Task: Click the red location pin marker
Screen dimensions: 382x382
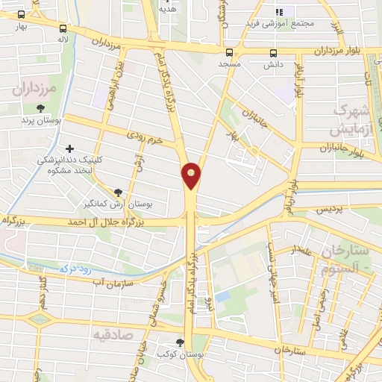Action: pos(191,175)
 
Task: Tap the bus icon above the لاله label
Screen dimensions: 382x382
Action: pos(63,27)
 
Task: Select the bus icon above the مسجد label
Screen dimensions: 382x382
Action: pos(229,52)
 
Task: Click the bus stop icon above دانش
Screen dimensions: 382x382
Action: pos(273,52)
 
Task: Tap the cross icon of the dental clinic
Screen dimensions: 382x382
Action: pos(70,148)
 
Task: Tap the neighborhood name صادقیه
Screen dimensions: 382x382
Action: pos(112,335)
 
